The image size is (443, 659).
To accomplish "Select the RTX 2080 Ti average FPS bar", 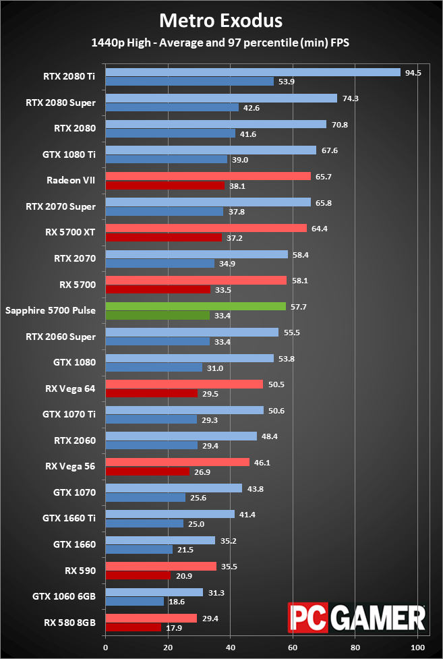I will (x=253, y=73).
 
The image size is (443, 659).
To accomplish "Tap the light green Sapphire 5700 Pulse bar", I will (x=196, y=306).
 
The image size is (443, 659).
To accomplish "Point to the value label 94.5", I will (x=413, y=73).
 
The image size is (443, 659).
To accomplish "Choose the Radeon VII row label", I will (x=71, y=180).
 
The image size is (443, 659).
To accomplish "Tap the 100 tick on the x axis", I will (x=417, y=647).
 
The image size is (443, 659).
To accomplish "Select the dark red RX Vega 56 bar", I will (x=148, y=471).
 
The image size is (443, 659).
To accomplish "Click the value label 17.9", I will (x=174, y=627).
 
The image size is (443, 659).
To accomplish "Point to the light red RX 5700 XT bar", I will (x=206, y=228).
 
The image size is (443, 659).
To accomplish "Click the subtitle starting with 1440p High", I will (x=221, y=42).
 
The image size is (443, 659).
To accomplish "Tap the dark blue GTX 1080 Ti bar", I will (x=166, y=159).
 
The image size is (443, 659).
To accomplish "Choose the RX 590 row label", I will (x=80, y=570).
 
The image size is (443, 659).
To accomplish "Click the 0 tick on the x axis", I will (x=105, y=647).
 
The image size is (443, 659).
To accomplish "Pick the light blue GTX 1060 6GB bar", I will (x=154, y=592).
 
